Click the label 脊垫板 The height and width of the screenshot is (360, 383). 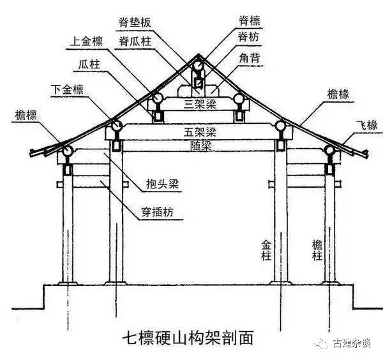tap(135, 22)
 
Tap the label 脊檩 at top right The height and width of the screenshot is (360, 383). tap(249, 21)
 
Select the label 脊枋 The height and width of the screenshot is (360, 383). tap(248, 37)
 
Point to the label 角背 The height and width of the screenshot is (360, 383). tap(250, 58)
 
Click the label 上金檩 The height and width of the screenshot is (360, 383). tap(86, 41)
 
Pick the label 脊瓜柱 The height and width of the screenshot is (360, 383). tap(135, 41)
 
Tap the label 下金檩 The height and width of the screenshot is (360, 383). tap(67, 89)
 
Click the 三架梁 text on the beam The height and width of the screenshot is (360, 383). tap(200, 104)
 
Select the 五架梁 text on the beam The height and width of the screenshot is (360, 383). tap(200, 132)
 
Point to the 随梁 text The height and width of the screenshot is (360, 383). tap(201, 146)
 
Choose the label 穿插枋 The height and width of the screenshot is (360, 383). tap(158, 212)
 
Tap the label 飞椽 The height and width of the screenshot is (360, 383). tap(367, 126)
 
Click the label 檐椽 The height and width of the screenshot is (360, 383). tap(338, 94)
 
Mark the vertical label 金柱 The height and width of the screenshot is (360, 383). tap(266, 250)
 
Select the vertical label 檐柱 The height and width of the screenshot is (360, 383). tap(317, 250)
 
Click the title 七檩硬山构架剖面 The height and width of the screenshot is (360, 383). tap(188, 337)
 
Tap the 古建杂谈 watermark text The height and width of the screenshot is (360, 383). tap(352, 343)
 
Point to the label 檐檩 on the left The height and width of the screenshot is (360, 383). tap(26, 115)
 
